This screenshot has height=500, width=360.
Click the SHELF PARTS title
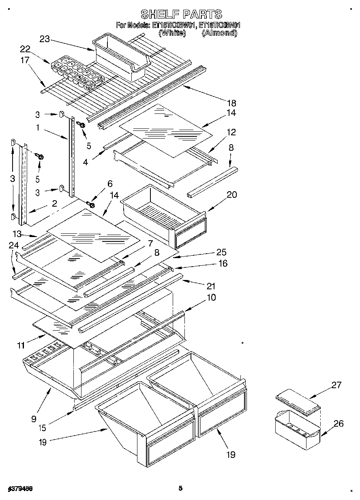coord(181,15)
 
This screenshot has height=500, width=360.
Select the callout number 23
coord(45,39)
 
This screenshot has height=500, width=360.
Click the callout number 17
coord(25,60)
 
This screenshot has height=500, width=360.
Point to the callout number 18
coord(231,103)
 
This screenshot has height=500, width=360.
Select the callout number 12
coord(231,132)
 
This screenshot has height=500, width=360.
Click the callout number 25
coord(210,252)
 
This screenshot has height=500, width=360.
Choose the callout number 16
coord(223,263)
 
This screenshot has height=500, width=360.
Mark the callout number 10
coord(211,297)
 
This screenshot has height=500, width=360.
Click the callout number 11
coord(21,345)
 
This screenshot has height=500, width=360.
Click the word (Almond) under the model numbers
coord(219,33)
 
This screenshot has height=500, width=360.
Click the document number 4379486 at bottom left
coord(20,489)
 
